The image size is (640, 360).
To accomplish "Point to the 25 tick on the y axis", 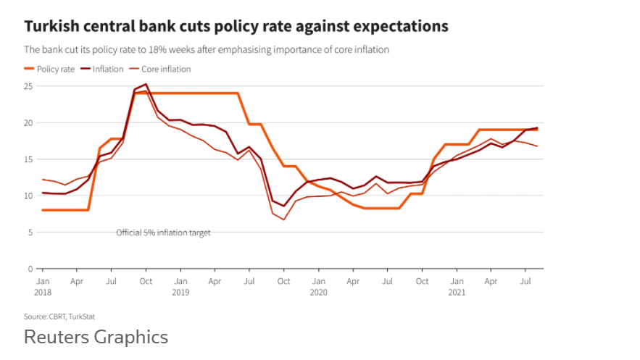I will pos(28,86).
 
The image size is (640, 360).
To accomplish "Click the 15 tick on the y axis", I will pos(28,159).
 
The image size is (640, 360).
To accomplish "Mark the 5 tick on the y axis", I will pos(30,233).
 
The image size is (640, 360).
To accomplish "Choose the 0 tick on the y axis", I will pos(30,269).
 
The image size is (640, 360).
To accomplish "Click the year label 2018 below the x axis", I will pos(43,293).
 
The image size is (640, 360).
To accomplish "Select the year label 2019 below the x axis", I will pos(180,293).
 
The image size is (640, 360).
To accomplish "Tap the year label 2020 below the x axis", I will pos(318,293).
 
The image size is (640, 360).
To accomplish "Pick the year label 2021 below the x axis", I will pos(456,293).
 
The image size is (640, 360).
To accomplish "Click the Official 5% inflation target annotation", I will pos(163,233).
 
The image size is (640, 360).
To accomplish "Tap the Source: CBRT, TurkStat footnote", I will pos(59,317).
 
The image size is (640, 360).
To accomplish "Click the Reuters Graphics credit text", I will pos(96,337).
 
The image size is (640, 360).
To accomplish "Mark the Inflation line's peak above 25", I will pos(146,84).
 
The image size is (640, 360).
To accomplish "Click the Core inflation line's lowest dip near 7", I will pos(284,219).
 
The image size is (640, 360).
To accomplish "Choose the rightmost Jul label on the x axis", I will pos(525,281).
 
